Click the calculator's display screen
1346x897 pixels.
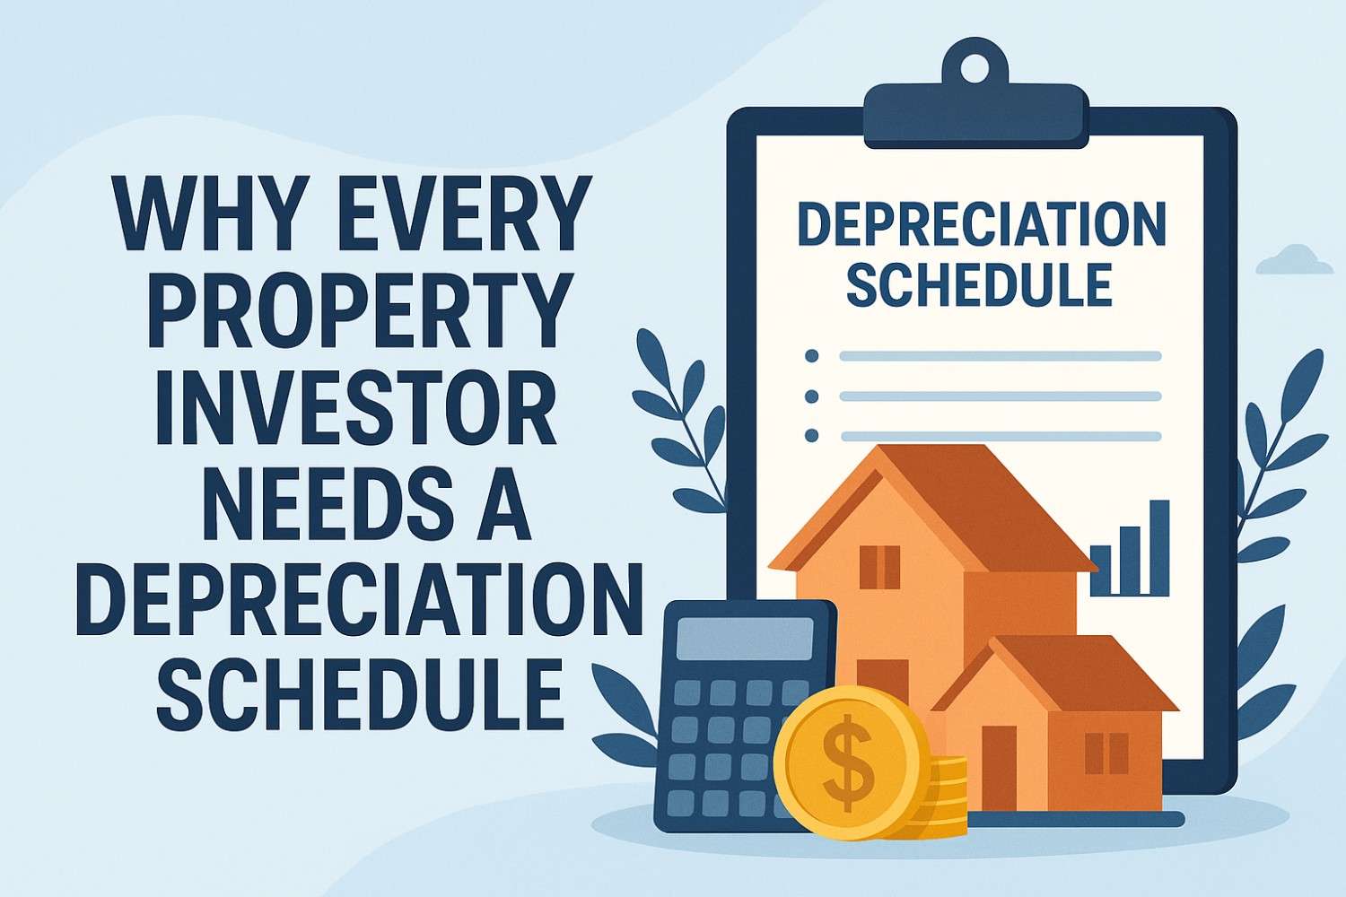744,640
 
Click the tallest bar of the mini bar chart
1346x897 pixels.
1159,547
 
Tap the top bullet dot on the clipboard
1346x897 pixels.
812,356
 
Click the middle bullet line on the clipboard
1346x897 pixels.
1000,396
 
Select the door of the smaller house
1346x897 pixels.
999,767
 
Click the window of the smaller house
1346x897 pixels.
1106,753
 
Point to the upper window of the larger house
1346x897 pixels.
879,566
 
